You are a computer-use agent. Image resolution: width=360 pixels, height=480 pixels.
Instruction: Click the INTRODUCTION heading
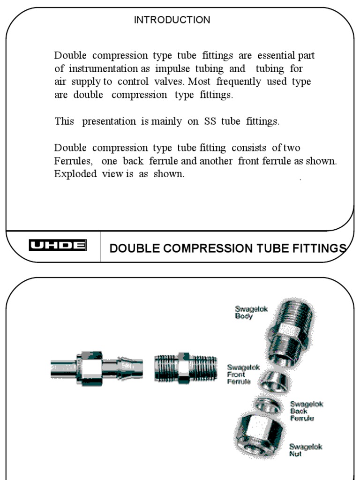(x=172, y=20)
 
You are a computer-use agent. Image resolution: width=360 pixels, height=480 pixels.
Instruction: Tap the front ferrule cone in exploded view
(x=272, y=381)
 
